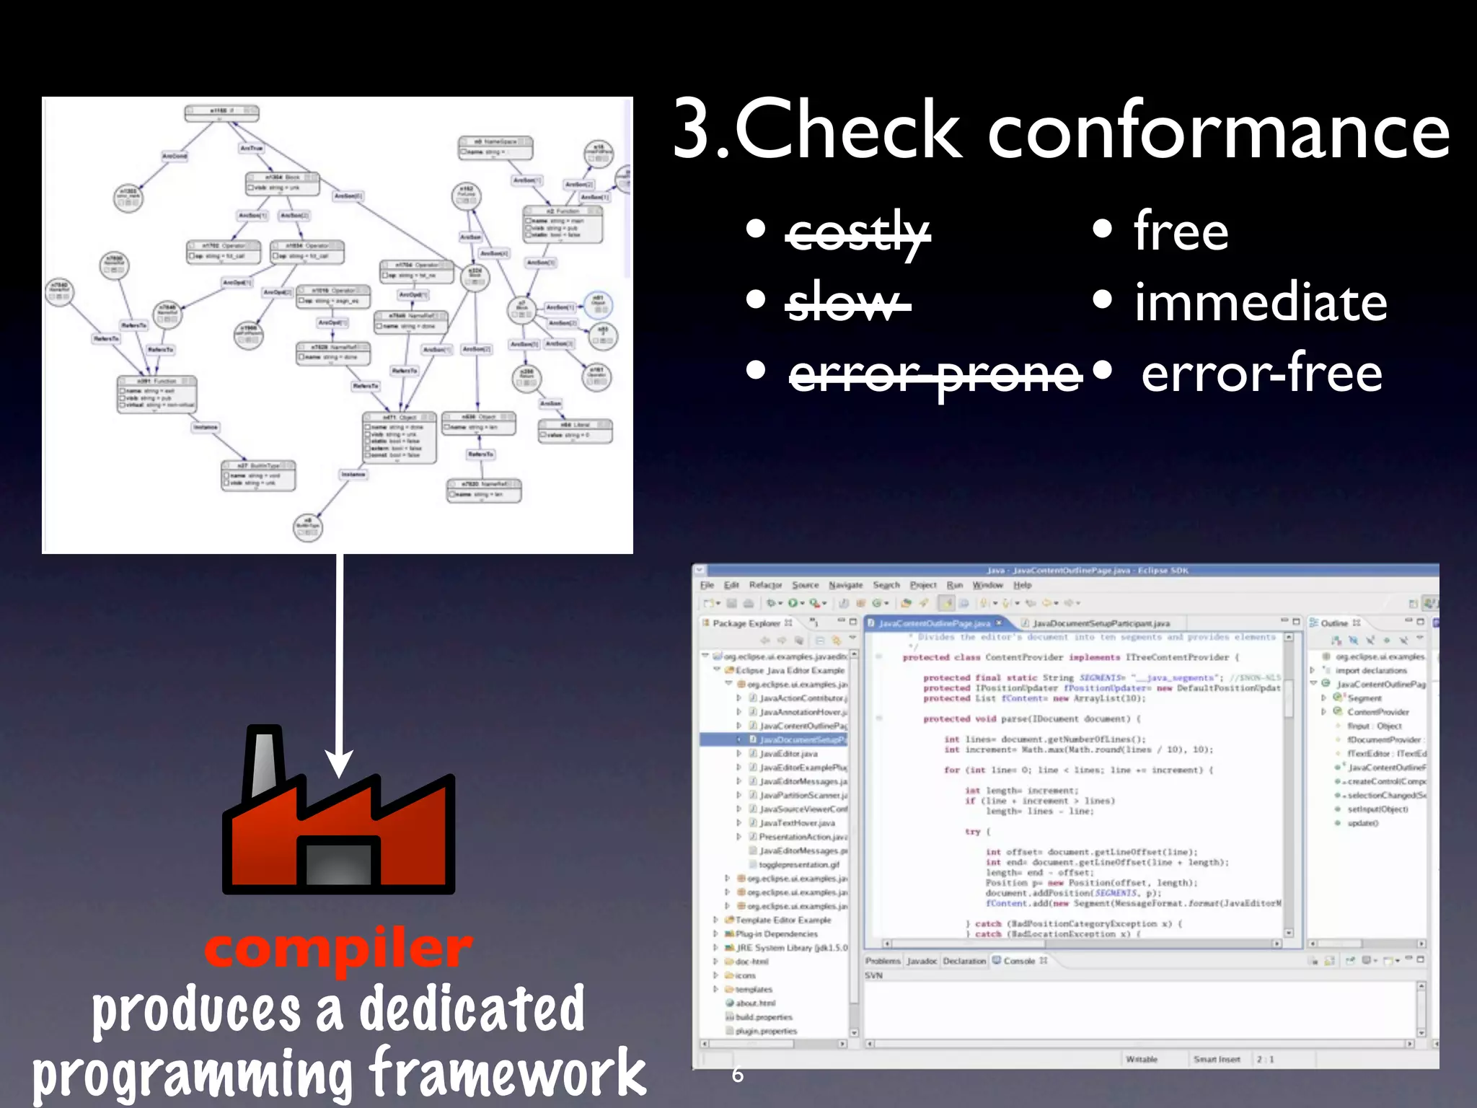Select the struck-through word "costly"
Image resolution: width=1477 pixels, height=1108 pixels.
pyautogui.click(x=857, y=232)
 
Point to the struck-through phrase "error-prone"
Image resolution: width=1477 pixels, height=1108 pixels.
pyautogui.click(x=935, y=374)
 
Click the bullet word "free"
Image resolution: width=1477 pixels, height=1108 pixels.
pyautogui.click(x=1181, y=232)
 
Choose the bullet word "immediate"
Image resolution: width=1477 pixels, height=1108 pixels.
pyautogui.click(x=1260, y=303)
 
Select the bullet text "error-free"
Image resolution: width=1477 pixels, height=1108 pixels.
pyautogui.click(x=1261, y=374)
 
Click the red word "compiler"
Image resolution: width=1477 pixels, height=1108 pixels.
pyautogui.click(x=338, y=949)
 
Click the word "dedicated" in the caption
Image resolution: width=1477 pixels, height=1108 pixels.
pyautogui.click(x=472, y=1009)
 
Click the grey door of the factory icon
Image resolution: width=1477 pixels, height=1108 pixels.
pyautogui.click(x=338, y=863)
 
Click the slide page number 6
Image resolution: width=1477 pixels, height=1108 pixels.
pyautogui.click(x=737, y=1075)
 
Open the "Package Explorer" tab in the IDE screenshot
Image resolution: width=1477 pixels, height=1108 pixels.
pyautogui.click(x=746, y=623)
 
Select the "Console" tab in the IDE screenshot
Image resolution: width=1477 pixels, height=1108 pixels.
pyautogui.click(x=1019, y=961)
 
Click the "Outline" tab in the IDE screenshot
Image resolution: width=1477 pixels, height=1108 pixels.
pyautogui.click(x=1334, y=623)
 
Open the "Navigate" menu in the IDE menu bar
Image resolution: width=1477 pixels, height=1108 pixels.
pyautogui.click(x=845, y=585)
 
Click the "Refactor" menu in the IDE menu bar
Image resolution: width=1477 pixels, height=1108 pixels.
pyautogui.click(x=765, y=585)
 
